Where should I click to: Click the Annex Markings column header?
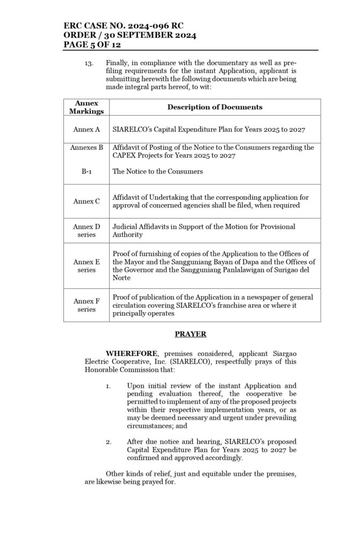pyautogui.click(x=86, y=107)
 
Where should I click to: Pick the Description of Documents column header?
pyautogui.click(x=214, y=107)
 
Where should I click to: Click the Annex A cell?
pyautogui.click(x=87, y=129)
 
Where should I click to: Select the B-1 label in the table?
pyautogui.click(x=87, y=171)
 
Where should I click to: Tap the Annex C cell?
pyautogui.click(x=87, y=201)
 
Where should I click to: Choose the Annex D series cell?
pyautogui.click(x=87, y=230)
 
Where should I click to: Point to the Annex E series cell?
pyautogui.click(x=87, y=265)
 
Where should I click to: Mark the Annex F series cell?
pyautogui.click(x=87, y=305)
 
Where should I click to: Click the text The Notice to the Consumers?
pyautogui.click(x=157, y=171)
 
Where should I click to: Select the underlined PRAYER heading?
pyautogui.click(x=190, y=334)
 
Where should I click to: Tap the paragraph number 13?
pyautogui.click(x=89, y=63)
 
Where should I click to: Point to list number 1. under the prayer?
pyautogui.click(x=108, y=386)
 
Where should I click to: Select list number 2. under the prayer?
pyautogui.click(x=108, y=442)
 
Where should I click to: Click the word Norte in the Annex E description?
pyautogui.click(x=121, y=278)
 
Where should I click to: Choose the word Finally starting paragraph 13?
pyautogui.click(x=118, y=63)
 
